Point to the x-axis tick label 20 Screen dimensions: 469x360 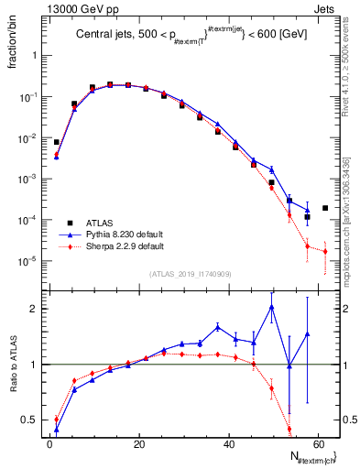pyautogui.click(x=138, y=442)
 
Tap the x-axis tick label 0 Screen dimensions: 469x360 pyautogui.click(x=49, y=442)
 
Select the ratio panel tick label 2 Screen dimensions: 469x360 pyautogui.click(x=33, y=309)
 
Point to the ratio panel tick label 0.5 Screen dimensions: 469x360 pyautogui.click(x=29, y=420)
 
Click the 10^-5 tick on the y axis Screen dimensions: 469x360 pyautogui.click(x=27, y=261)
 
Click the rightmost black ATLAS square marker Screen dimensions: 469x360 pyautogui.click(x=325, y=208)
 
